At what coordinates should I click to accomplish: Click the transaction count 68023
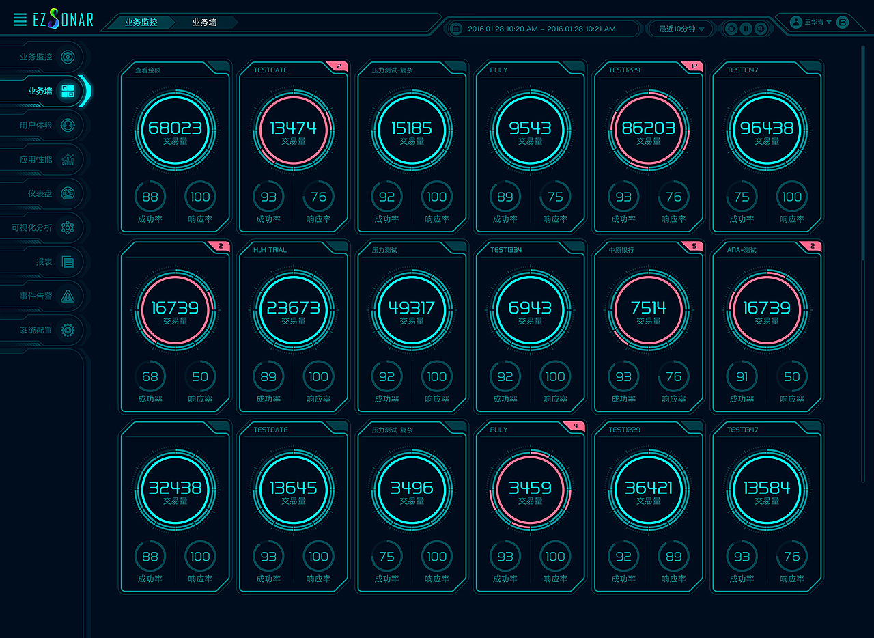[175, 128]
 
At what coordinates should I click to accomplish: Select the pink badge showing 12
[694, 66]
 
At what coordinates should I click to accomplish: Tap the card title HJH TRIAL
[270, 250]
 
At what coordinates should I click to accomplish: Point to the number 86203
[648, 128]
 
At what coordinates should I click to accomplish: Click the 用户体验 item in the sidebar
[36, 125]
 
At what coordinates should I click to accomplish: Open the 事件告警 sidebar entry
[36, 296]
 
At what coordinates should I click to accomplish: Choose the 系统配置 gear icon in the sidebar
[68, 330]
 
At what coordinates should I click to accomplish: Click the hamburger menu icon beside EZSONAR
[20, 20]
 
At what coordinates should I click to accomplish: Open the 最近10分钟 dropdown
[681, 29]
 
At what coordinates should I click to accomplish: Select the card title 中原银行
[621, 250]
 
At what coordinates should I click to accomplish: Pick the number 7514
[648, 308]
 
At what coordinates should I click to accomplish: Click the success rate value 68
[150, 376]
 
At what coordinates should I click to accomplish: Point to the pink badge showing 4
[576, 426]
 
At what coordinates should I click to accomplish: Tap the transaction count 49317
[411, 308]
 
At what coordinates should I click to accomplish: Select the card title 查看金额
[147, 70]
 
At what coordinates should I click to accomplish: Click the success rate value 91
[742, 376]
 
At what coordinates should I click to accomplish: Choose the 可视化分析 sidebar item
[32, 227]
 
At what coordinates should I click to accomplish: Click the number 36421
[648, 488]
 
